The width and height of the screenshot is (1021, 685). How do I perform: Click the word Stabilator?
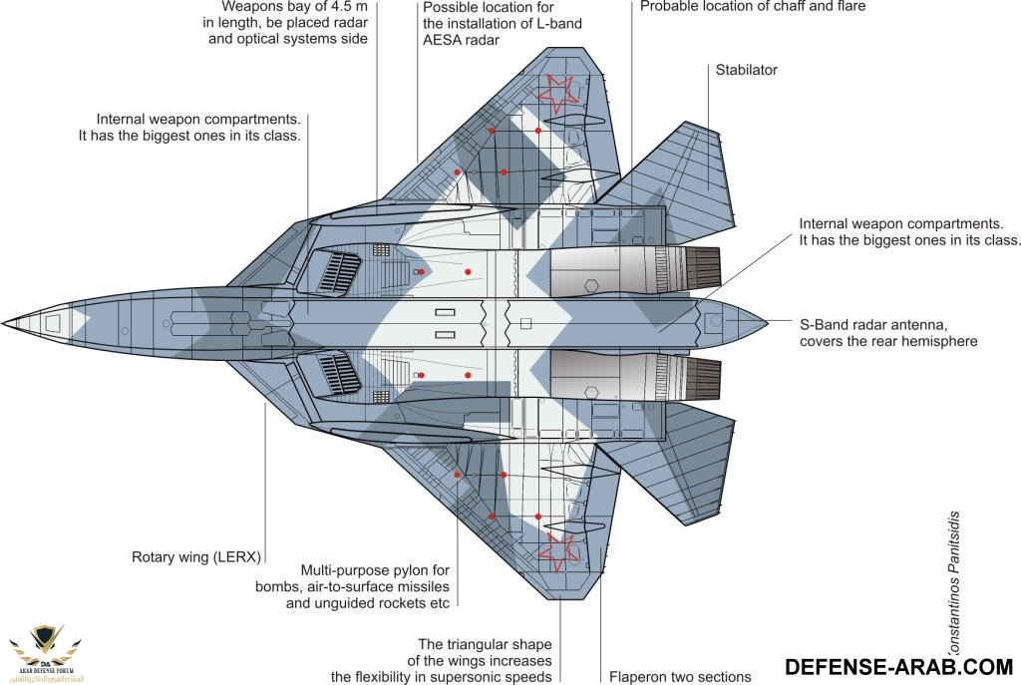tap(746, 70)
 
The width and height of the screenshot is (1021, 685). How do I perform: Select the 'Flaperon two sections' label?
tap(679, 677)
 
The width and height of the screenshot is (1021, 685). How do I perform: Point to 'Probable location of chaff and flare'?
tap(753, 6)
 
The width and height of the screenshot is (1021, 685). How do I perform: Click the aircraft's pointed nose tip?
tap(6, 323)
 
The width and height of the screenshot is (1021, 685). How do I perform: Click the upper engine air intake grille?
tap(339, 271)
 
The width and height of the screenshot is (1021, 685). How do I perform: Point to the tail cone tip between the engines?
tap(762, 323)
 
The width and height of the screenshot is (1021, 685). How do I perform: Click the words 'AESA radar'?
tap(461, 40)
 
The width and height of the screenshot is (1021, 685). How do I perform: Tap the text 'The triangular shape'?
tap(485, 644)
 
